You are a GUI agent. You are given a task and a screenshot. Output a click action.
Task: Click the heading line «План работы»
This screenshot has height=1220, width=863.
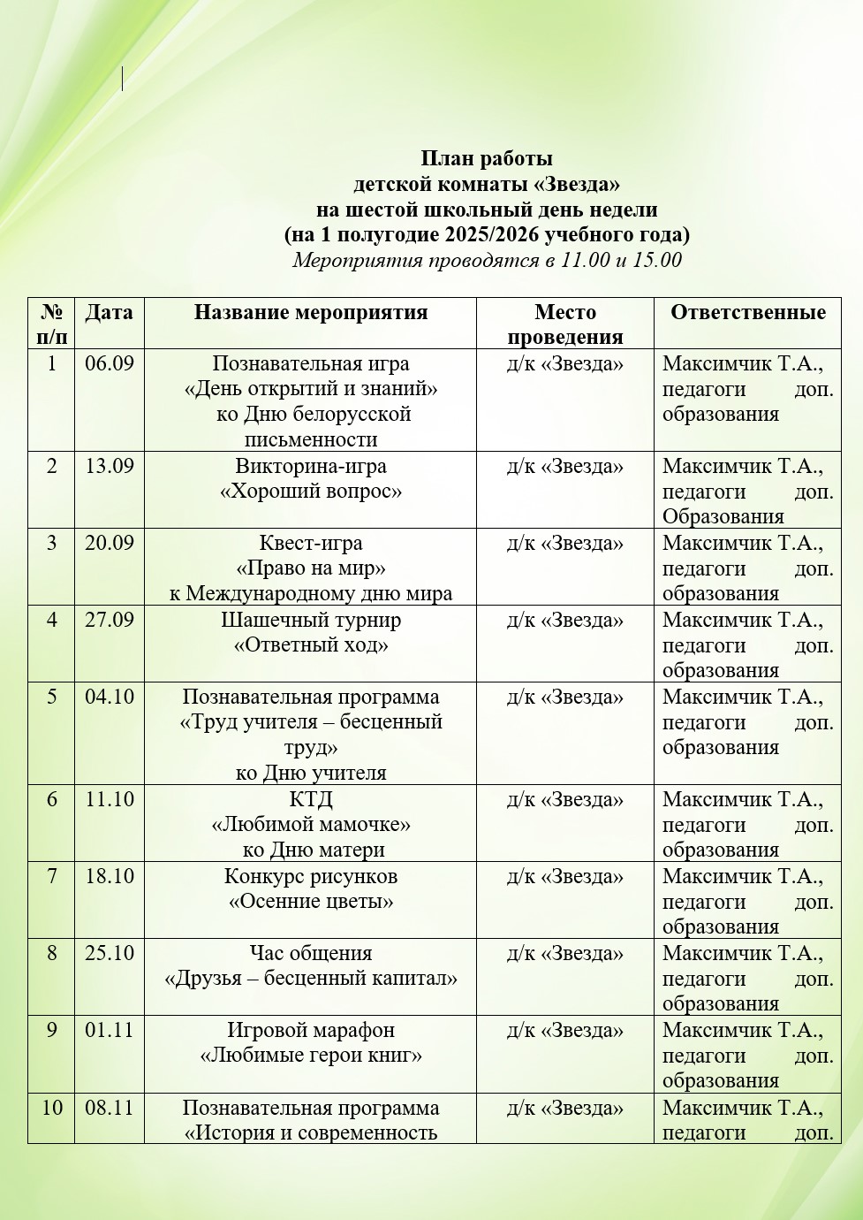point(486,159)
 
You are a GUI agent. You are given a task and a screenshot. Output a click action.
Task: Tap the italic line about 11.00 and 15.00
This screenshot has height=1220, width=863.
point(487,261)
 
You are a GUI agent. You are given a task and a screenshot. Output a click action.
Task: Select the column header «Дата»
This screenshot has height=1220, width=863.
point(109,312)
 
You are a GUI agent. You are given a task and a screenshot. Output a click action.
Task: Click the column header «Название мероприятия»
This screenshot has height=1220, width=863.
point(311,312)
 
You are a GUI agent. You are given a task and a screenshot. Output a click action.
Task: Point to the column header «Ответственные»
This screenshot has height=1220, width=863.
point(747,312)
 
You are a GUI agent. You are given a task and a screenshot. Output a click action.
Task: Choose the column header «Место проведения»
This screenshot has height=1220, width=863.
point(565,324)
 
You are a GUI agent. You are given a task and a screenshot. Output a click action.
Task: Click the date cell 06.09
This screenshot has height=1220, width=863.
point(109,363)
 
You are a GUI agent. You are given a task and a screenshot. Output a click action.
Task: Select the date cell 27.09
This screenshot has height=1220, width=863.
point(109,620)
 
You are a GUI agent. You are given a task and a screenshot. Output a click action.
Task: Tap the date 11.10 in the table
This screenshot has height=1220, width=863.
point(109,799)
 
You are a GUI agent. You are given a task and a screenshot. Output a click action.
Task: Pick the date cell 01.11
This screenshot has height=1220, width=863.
point(109,1030)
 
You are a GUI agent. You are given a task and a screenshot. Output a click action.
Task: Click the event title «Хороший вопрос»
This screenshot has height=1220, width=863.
point(311,492)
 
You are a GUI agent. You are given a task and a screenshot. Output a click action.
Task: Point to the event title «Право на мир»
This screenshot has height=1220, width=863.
point(311,568)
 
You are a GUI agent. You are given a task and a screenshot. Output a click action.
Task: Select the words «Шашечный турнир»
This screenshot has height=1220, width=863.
point(311,620)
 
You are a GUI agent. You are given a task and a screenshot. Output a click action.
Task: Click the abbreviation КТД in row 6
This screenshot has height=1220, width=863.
point(311,799)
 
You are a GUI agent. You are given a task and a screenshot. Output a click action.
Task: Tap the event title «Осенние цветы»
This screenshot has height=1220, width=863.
point(311,902)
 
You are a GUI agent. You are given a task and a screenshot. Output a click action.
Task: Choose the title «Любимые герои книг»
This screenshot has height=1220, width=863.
point(311,1056)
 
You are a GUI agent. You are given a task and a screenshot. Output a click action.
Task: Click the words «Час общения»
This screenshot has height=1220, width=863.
point(311,953)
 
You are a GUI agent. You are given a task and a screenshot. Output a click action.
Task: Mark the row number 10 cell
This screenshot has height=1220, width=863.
point(52,1108)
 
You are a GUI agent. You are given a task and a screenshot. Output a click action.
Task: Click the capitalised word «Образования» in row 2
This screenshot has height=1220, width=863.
point(723,517)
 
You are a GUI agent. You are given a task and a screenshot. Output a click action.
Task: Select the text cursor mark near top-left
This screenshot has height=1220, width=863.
point(122,80)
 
